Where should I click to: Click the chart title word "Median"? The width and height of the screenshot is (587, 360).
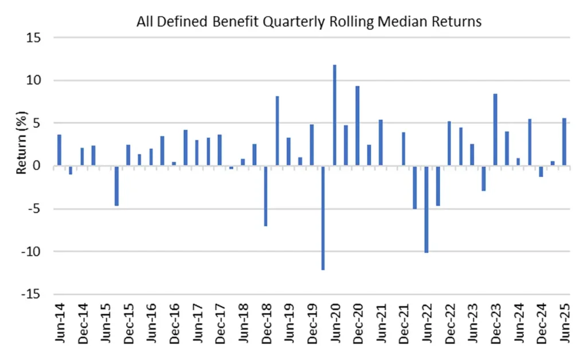coord(415,22)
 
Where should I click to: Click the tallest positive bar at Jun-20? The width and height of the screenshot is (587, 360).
coord(335,115)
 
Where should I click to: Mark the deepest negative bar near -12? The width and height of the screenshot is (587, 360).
coord(323,218)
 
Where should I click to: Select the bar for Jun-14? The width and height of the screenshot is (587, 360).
coord(60,150)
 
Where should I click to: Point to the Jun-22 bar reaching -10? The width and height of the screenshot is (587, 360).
coord(426,209)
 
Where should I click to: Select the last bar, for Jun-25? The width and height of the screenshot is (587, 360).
coord(565,142)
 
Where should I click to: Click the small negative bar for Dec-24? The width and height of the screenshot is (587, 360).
coord(541,171)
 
